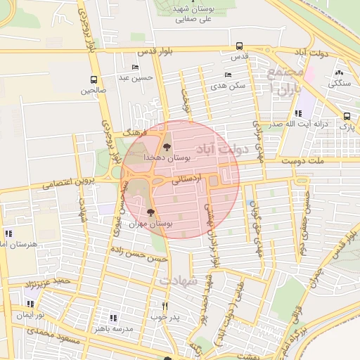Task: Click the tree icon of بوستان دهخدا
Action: click(x=167, y=147)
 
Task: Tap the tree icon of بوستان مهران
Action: click(x=150, y=212)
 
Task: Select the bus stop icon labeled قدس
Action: click(x=240, y=44)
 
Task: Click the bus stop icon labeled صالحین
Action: click(x=94, y=79)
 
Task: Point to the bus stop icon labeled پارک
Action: click(x=347, y=117)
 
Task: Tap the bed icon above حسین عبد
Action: click(x=135, y=67)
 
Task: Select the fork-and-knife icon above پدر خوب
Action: click(x=165, y=306)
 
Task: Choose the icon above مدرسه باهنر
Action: click(x=113, y=318)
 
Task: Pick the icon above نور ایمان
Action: click(x=30, y=304)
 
